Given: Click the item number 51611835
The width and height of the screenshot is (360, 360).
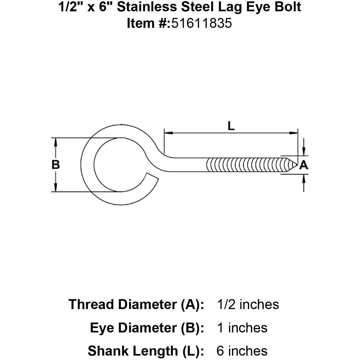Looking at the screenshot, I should coord(201,23).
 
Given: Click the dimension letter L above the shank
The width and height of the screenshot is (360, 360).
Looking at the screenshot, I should coord(231,126).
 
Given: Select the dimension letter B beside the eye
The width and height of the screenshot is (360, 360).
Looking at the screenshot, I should coord(56,165).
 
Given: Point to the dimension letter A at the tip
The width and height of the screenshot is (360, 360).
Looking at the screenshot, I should coord(304,165).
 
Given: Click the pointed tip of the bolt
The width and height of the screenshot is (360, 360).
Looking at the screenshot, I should coord(297,165).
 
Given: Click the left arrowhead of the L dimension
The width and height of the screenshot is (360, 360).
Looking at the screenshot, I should coord(168,133).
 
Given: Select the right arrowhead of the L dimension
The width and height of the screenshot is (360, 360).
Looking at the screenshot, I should coord(294,133).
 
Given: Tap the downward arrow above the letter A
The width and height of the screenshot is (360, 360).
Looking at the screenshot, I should coord(304,152).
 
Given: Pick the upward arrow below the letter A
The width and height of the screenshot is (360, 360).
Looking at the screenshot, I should coord(304,178).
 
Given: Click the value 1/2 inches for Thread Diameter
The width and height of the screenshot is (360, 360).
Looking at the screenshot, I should coord(248,305).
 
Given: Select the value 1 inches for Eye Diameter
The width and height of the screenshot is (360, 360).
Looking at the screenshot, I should coord(242,328).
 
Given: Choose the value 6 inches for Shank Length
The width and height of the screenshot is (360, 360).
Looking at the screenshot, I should coord(242,351).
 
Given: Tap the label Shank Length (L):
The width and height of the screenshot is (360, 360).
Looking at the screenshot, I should coord(146,351).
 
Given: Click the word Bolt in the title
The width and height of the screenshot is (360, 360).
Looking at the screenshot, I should coord(289,7).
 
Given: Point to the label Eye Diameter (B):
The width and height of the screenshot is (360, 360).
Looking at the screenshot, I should coord(147,328).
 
